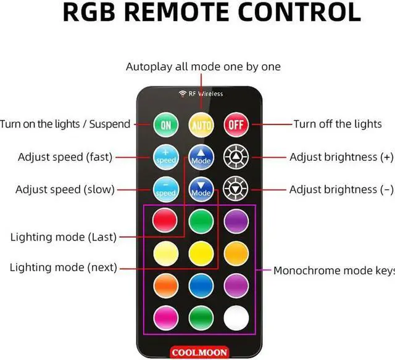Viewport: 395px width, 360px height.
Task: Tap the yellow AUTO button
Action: (201, 125)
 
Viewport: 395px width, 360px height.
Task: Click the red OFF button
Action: (235, 125)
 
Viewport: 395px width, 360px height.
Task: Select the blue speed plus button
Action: (166, 157)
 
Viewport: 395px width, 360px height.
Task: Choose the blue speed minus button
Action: (166, 189)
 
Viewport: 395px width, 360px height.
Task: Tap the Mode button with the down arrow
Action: (201, 189)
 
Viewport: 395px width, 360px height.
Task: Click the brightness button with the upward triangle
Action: (235, 157)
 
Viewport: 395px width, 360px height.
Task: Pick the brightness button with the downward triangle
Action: (235, 189)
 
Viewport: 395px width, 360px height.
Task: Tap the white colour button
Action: (235, 319)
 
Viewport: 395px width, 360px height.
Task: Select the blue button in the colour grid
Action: (201, 286)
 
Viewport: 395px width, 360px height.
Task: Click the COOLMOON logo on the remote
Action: (199, 352)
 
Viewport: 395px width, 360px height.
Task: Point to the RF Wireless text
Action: (201, 94)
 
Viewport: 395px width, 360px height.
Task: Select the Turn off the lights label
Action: (337, 124)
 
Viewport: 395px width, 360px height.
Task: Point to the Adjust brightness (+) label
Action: (341, 157)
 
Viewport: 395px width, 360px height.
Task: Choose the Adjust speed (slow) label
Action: (65, 189)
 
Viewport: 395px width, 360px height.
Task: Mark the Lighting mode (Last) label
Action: (64, 237)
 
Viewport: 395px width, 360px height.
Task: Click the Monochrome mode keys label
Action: (333, 270)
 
